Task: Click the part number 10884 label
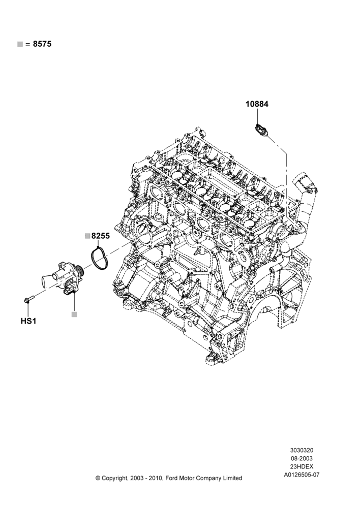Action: [x=257, y=104]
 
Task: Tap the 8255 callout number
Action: [x=101, y=236]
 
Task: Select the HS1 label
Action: [x=28, y=321]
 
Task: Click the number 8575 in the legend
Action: [x=42, y=44]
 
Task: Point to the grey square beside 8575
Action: [x=20, y=44]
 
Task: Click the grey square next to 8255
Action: [x=87, y=236]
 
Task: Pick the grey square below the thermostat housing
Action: [x=74, y=314]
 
